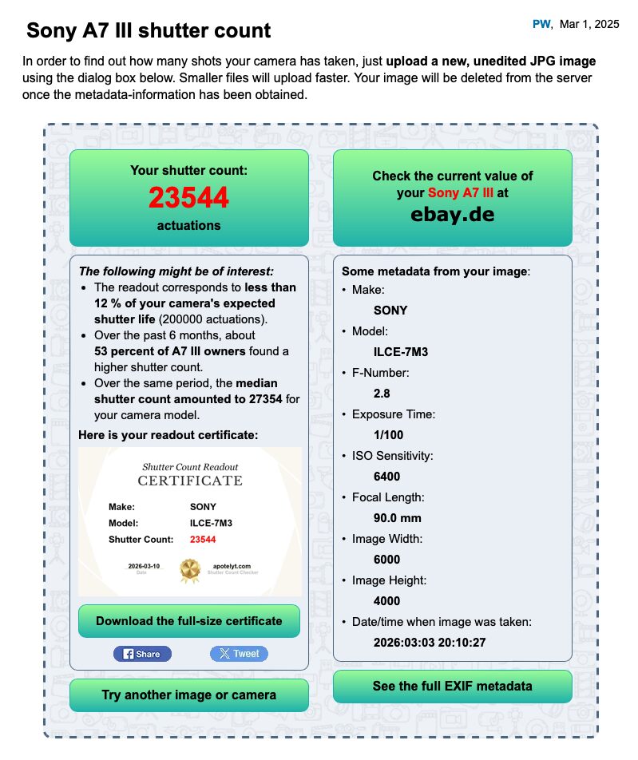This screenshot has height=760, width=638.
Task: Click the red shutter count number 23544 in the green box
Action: pos(188,197)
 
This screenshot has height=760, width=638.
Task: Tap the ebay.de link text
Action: pos(452,214)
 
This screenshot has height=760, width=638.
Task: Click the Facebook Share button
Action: pos(142,653)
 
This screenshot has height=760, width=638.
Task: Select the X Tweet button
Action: pos(239,653)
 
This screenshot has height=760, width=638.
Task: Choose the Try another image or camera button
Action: pos(188,695)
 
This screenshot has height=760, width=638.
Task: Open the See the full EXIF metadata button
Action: pos(452,686)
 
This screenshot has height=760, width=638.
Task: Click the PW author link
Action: pos(541,24)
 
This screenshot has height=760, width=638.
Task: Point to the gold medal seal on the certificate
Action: pos(190,569)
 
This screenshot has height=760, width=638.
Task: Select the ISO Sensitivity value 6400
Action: pos(387,477)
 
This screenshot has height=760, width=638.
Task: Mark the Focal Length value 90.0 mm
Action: pos(398,518)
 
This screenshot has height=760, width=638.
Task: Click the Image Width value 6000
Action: pos(387,560)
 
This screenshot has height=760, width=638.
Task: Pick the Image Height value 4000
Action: pos(387,601)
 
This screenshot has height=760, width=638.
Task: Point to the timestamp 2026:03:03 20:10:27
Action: pos(430,643)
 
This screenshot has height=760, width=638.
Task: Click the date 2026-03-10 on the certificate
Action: pos(144,566)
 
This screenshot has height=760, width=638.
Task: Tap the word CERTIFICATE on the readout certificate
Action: pos(190,481)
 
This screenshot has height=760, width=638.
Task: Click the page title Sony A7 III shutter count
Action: pos(149,31)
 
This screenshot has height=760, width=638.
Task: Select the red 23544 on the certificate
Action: pos(203,540)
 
